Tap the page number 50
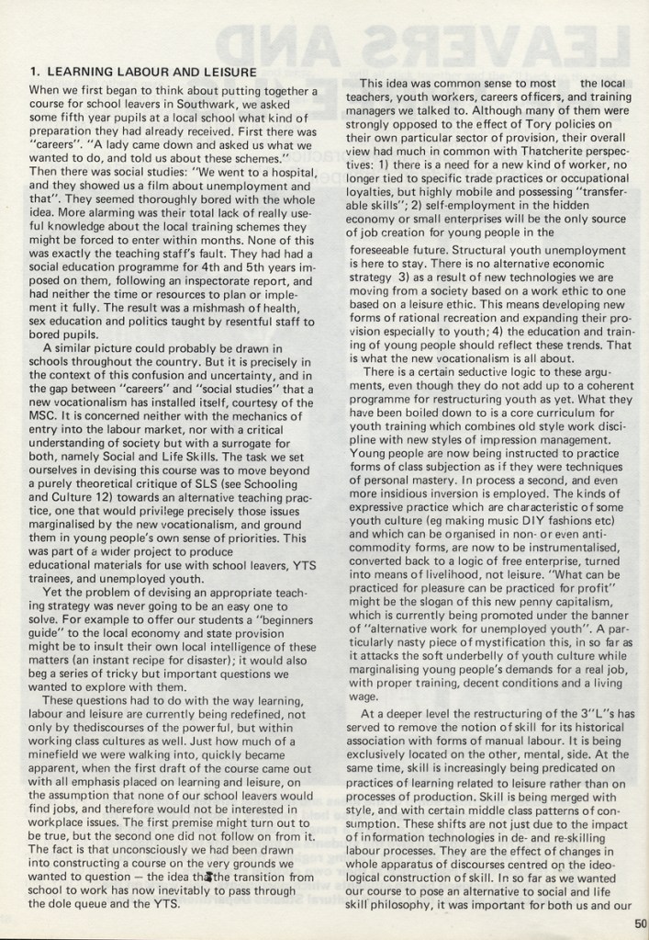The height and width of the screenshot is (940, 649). click(640, 925)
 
